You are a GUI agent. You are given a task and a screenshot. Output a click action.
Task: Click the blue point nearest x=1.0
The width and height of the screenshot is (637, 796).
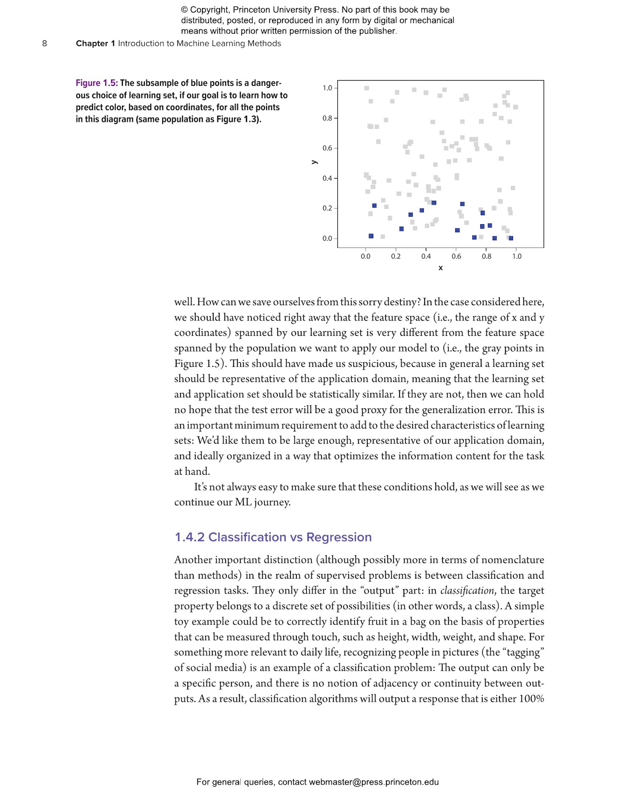coord(510,238)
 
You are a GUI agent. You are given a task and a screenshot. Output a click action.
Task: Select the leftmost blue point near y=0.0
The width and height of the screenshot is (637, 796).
coord(371,236)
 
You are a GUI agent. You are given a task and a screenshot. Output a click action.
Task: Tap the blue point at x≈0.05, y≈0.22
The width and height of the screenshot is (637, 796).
coord(374,205)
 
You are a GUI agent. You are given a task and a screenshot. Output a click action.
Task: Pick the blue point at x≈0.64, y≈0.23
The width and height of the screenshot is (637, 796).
coord(462,204)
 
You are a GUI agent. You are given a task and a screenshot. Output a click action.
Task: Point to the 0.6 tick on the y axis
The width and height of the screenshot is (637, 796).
coord(335,148)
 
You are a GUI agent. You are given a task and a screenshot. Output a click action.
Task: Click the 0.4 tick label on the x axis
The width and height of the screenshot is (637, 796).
coord(426,256)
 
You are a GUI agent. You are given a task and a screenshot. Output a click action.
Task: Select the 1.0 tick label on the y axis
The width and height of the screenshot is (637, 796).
coord(327,88)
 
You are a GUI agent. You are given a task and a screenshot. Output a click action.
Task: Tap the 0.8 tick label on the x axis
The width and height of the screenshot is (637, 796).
coord(486,256)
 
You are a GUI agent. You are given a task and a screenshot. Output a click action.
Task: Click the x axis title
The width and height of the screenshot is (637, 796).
coord(440,268)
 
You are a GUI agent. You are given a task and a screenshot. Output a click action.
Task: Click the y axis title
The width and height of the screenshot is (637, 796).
coord(314,162)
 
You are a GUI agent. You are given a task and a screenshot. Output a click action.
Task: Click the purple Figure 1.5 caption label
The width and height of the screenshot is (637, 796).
coord(96,83)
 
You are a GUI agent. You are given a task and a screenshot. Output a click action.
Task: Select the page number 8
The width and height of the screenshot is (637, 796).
coord(45,43)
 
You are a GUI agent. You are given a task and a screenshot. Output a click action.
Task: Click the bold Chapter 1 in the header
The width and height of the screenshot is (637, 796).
coord(96,43)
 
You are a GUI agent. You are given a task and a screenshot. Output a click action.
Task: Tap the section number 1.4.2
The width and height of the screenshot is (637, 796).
coord(189,537)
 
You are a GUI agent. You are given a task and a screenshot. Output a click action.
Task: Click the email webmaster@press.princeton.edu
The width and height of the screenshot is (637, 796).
coord(373,782)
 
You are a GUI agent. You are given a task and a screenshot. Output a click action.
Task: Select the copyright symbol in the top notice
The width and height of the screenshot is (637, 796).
coord(184,10)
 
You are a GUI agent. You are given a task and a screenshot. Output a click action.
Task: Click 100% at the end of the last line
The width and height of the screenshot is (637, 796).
coord(531,698)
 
